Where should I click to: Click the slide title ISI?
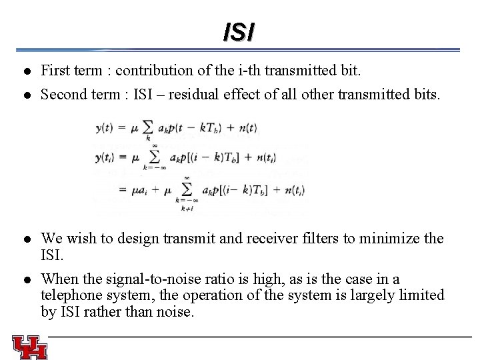pyautogui.click(x=239, y=31)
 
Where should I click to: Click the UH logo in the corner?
pyautogui.click(x=29, y=347)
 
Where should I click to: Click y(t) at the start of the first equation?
pyautogui.click(x=105, y=127)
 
